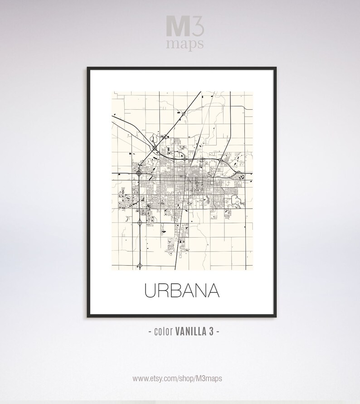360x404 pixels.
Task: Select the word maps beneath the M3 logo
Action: click(x=185, y=44)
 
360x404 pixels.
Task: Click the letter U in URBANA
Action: click(x=150, y=291)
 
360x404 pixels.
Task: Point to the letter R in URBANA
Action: click(x=164, y=291)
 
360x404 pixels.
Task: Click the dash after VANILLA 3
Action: click(x=219, y=332)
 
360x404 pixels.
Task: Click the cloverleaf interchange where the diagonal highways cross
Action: click(x=155, y=148)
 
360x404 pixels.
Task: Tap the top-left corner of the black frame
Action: click(x=88, y=68)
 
